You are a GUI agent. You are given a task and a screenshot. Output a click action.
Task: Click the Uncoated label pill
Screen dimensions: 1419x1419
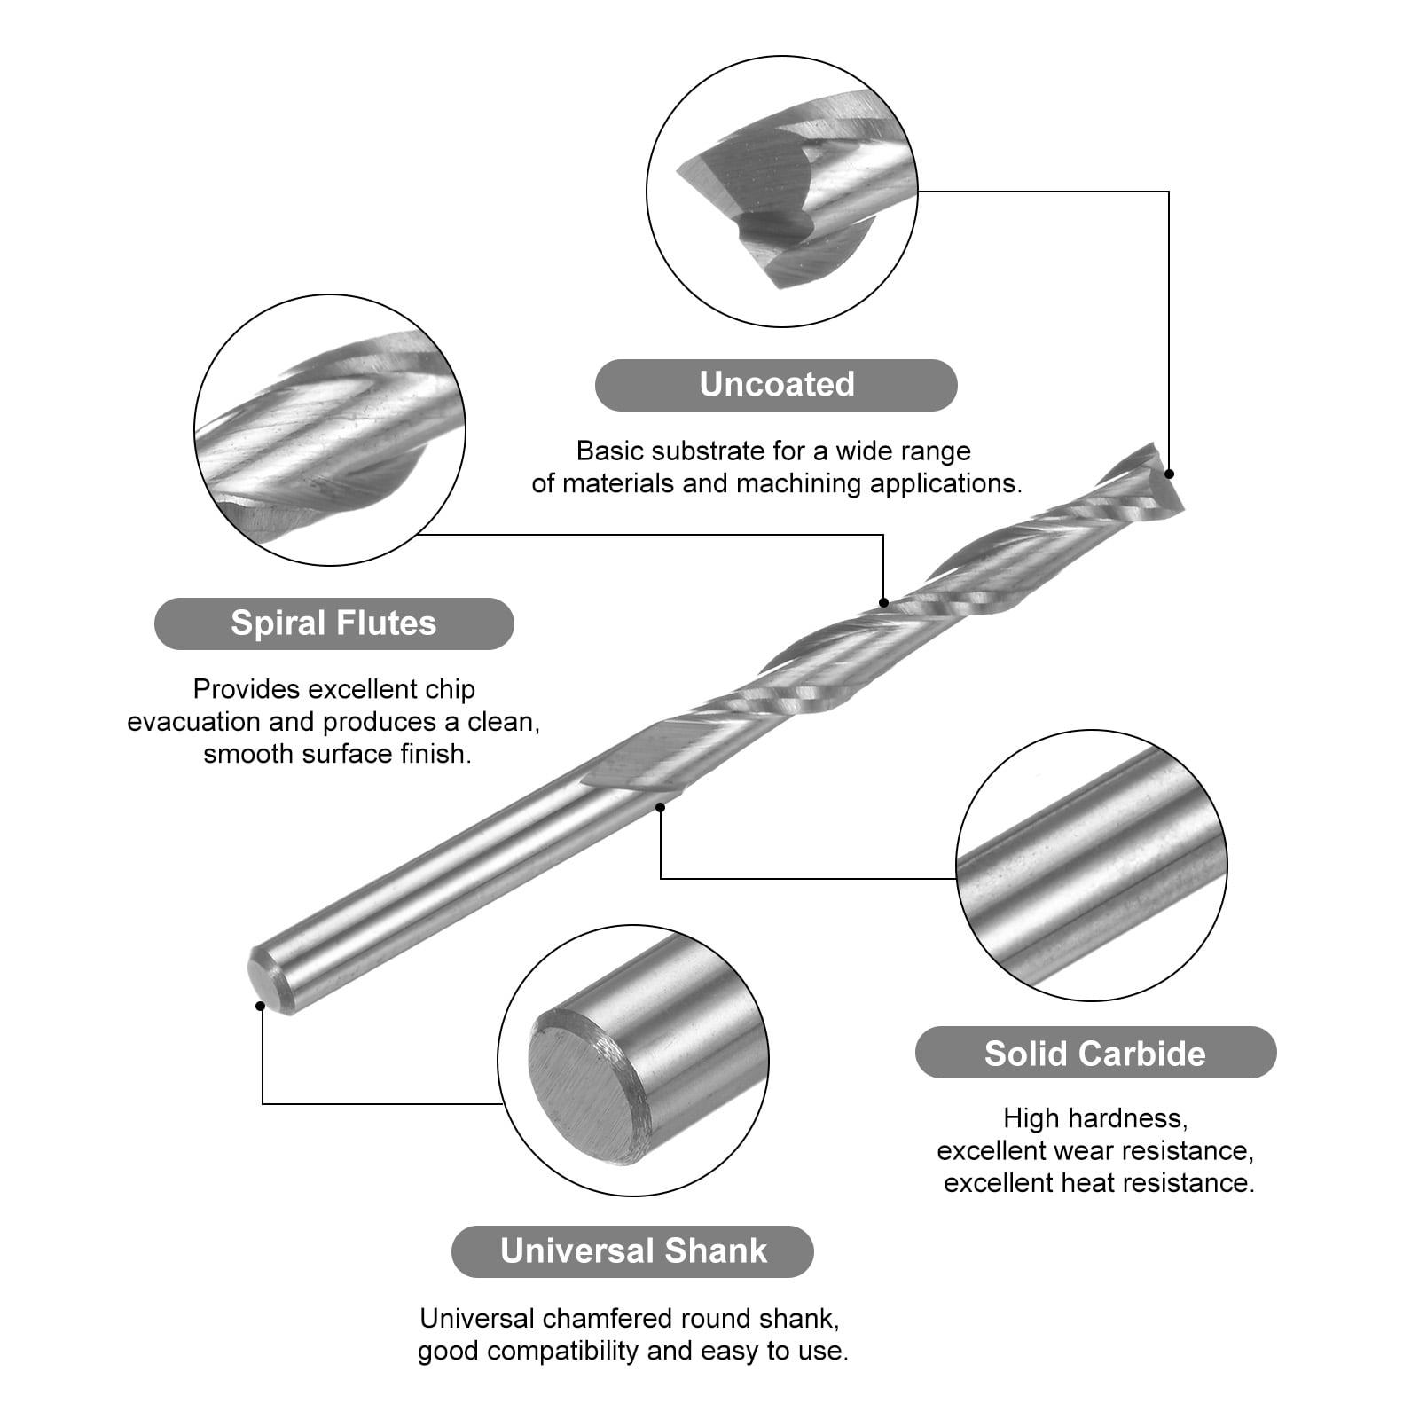[x=776, y=385]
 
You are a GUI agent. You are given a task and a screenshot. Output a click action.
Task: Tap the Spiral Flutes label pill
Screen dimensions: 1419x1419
[x=333, y=623]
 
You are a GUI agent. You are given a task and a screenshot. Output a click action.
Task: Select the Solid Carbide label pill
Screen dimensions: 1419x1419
[x=1095, y=1053]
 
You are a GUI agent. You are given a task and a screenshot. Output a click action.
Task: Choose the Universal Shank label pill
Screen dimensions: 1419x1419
[x=632, y=1251]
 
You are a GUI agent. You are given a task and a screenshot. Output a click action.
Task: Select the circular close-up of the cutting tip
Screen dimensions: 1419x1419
[x=782, y=192]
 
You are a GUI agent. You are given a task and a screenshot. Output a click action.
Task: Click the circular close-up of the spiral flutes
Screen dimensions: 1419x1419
[x=330, y=430]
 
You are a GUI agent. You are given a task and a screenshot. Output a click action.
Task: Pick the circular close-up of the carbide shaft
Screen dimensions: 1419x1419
[x=1092, y=866]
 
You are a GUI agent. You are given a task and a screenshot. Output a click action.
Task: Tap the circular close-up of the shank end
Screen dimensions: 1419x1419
[x=633, y=1061]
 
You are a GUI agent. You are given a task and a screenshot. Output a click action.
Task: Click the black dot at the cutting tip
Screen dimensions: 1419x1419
[x=1169, y=474]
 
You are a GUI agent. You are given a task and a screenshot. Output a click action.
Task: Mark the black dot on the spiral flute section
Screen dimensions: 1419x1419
[x=883, y=603]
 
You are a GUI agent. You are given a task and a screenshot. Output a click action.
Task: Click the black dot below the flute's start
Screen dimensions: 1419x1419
[x=660, y=807]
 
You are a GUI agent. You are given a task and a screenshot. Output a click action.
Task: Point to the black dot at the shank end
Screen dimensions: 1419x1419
[x=260, y=1006]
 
